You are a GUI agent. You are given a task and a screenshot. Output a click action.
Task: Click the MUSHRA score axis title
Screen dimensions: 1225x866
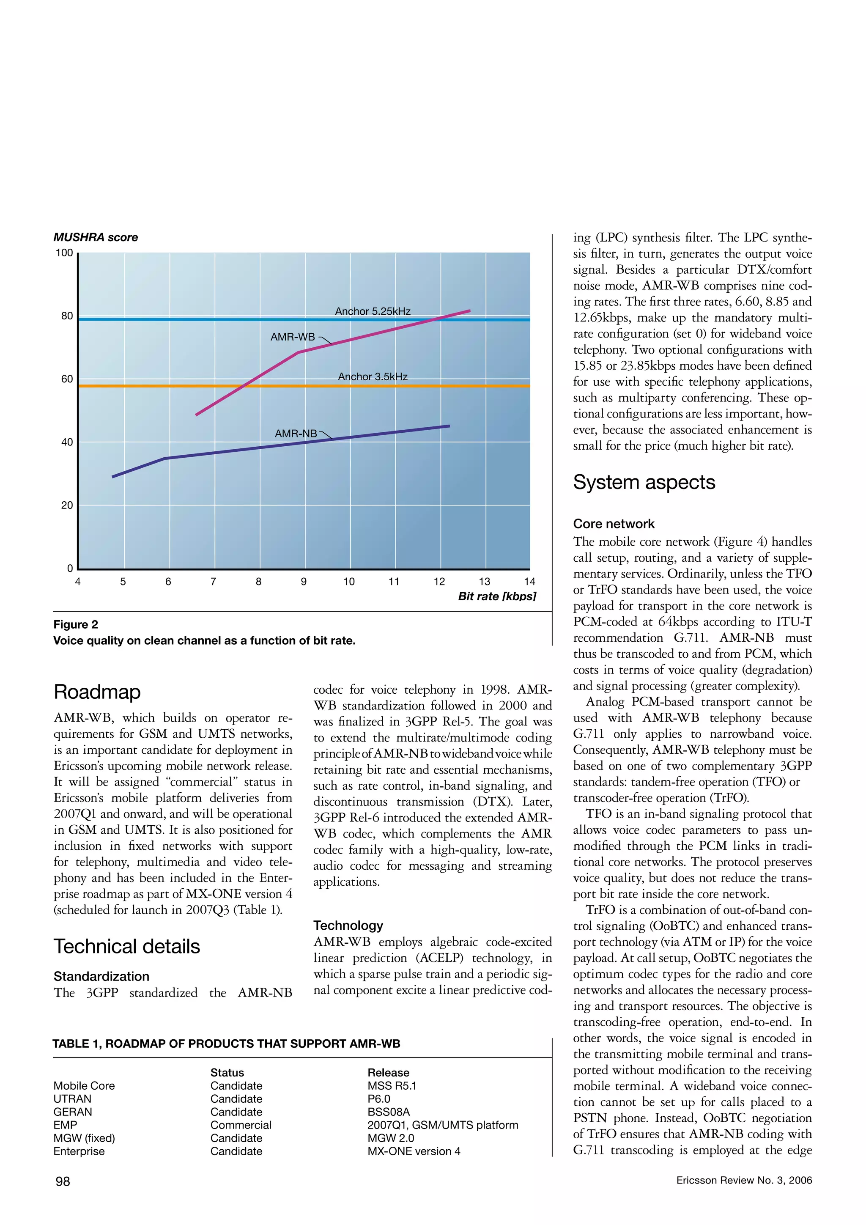(96, 237)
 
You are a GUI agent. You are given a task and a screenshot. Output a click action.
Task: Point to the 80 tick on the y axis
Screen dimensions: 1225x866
(67, 316)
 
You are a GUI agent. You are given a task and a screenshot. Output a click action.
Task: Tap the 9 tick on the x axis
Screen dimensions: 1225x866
(304, 582)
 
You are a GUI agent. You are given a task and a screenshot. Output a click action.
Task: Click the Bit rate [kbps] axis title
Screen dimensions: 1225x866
(496, 596)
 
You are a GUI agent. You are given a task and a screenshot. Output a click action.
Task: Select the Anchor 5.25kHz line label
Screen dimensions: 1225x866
(372, 311)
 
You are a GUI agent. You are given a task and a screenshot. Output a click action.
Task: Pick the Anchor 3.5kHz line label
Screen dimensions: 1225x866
(372, 376)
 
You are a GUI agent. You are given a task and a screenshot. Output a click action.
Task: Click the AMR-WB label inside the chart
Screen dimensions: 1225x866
(292, 337)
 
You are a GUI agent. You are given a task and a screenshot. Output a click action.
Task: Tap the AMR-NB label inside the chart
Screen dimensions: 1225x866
(296, 434)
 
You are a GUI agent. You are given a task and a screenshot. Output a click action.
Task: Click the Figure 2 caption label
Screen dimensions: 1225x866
(76, 624)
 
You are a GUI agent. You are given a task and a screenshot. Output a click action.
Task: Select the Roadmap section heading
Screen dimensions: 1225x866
(97, 692)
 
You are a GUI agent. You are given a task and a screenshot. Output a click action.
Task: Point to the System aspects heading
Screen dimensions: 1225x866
(644, 482)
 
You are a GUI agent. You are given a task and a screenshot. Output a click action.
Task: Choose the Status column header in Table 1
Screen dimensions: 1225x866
(227, 1072)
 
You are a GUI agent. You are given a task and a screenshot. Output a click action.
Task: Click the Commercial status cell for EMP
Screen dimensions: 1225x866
(241, 1125)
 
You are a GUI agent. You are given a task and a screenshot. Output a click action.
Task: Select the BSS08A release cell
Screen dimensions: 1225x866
(388, 1112)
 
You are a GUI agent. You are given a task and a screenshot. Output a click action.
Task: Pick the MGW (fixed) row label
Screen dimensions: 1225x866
(84, 1138)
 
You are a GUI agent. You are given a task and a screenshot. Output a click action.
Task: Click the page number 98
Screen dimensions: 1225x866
(63, 1181)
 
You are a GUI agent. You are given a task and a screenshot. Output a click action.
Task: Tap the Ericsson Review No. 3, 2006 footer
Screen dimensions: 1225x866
(743, 1180)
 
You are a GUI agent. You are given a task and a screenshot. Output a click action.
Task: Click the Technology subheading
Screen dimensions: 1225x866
(348, 925)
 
